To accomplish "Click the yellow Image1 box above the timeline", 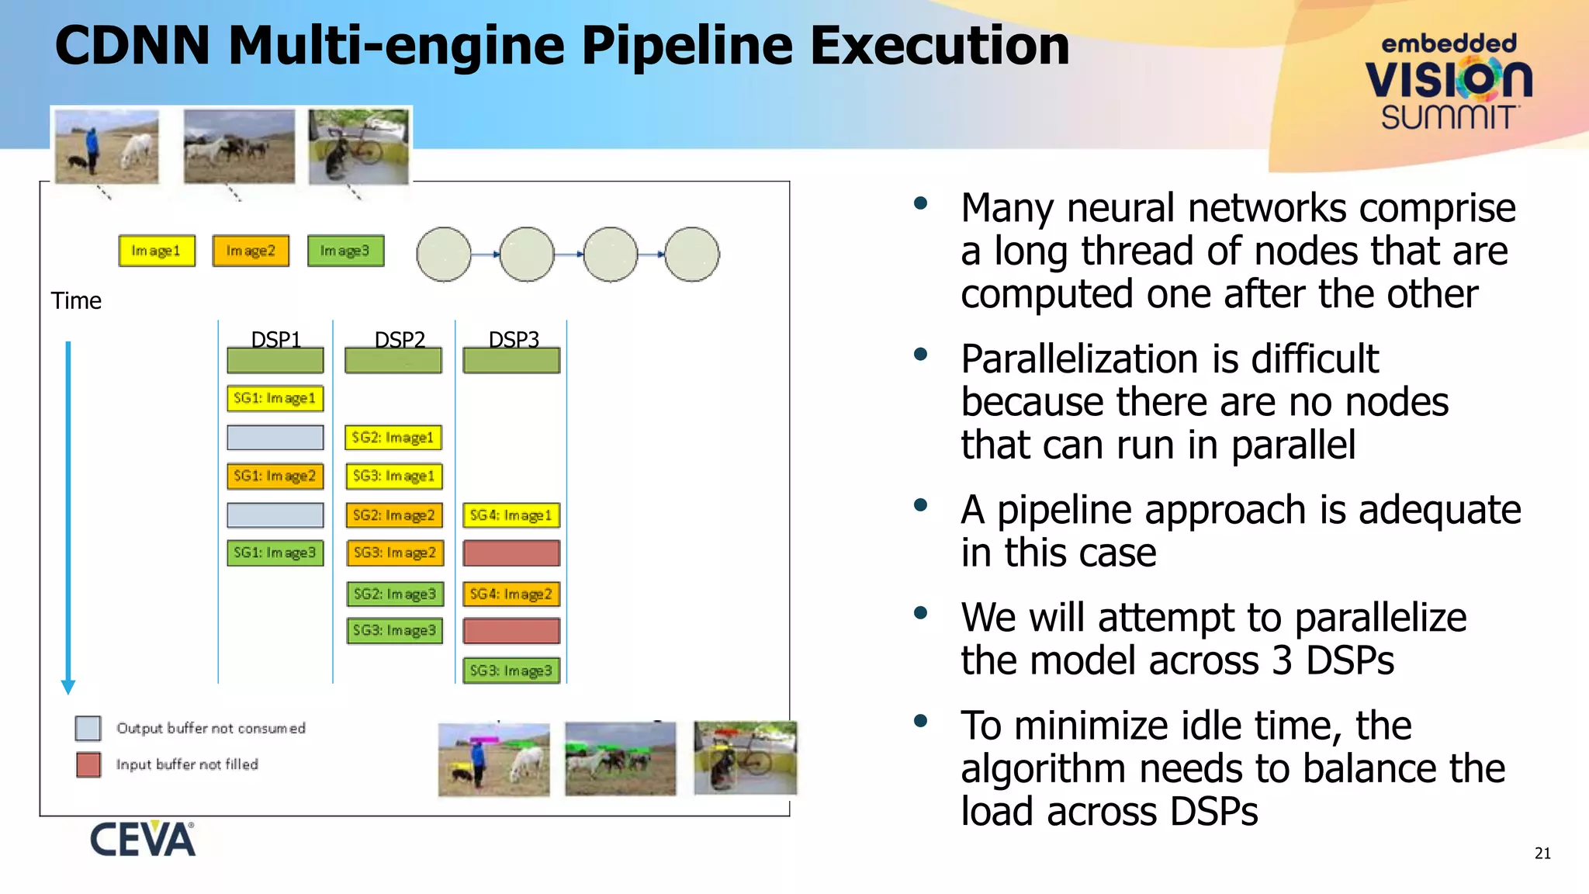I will pyautogui.click(x=157, y=251).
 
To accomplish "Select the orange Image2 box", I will pyautogui.click(x=251, y=251).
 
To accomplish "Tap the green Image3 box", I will pyautogui.click(x=345, y=251).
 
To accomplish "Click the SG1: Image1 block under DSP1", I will pyautogui.click(x=275, y=398).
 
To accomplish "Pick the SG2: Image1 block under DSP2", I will pyautogui.click(x=393, y=438).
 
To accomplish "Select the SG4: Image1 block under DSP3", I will pyautogui.click(x=511, y=515).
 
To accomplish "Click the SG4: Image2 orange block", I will pyautogui.click(x=511, y=594).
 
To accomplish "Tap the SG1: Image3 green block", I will pyautogui.click(x=275, y=553).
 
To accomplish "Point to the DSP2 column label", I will pyautogui.click(x=400, y=339).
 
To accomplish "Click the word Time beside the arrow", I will pyautogui.click(x=76, y=301).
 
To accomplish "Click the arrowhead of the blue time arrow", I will pyautogui.click(x=68, y=687).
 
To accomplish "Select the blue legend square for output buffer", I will pyautogui.click(x=88, y=728).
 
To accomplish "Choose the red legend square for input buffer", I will pyautogui.click(x=88, y=764).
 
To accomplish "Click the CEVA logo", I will pyautogui.click(x=143, y=839).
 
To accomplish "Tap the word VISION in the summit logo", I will pyautogui.click(x=1448, y=79).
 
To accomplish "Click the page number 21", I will pyautogui.click(x=1542, y=854).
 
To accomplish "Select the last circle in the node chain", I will pyautogui.click(x=692, y=254).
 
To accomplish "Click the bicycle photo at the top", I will pyautogui.click(x=358, y=146).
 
